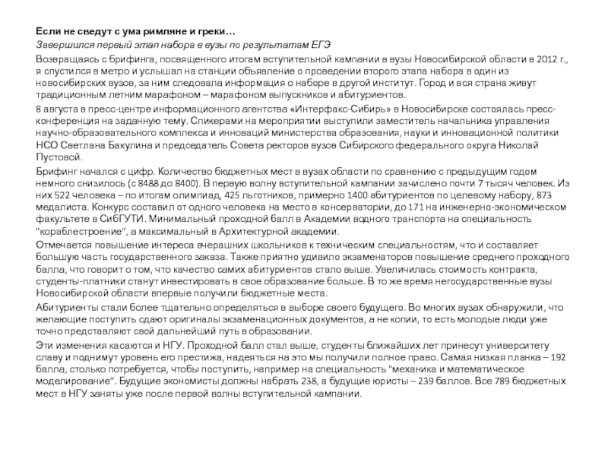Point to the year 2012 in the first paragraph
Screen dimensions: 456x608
(548, 59)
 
